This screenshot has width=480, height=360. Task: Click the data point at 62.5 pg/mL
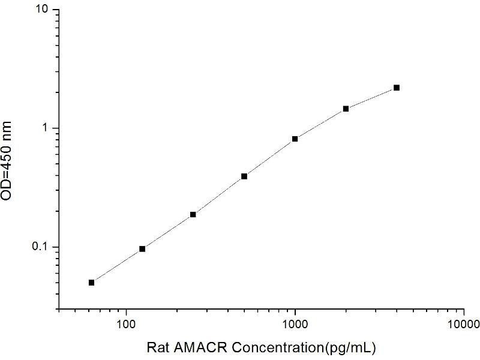tap(91, 283)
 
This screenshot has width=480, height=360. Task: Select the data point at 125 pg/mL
tap(142, 248)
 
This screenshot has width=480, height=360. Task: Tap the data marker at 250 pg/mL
tap(193, 214)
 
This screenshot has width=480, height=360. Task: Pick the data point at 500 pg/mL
tap(244, 176)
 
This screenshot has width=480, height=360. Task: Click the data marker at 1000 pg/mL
tap(295, 139)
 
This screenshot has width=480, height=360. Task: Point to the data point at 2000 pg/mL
tap(346, 109)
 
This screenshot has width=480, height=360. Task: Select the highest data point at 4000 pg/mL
tap(397, 88)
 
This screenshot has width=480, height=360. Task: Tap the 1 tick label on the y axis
tap(49, 128)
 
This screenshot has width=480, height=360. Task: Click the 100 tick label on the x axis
tap(126, 325)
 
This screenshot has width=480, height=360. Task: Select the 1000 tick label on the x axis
tap(295, 325)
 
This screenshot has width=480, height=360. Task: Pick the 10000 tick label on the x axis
tap(463, 325)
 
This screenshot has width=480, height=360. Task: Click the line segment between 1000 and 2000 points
tap(320, 124)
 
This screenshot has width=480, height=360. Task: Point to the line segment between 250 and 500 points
tap(218, 196)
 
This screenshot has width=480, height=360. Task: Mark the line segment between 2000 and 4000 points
tap(371, 98)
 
